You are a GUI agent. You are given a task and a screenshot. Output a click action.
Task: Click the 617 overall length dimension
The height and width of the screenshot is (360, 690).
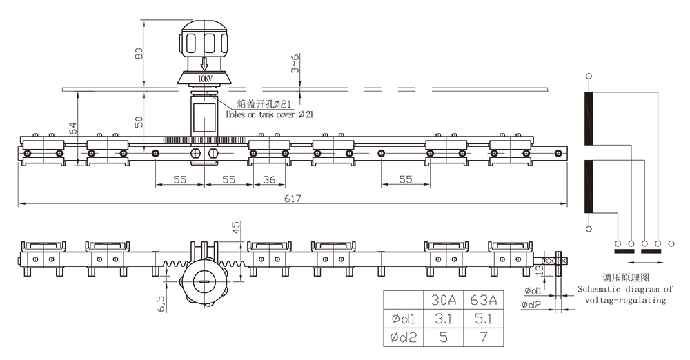point(293,199)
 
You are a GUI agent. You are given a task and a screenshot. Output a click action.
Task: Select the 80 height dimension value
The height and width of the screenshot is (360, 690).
point(139,53)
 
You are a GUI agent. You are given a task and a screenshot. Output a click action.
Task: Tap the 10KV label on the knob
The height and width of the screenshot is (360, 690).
point(206,79)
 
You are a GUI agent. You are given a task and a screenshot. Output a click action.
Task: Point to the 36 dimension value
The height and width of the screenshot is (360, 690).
point(270,179)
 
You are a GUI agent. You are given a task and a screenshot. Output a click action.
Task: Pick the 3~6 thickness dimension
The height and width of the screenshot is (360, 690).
point(295,64)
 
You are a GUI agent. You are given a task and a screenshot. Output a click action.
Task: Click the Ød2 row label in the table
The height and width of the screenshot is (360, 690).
point(403,338)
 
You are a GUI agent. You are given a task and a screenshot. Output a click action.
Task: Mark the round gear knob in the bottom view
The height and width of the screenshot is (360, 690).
point(204,281)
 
